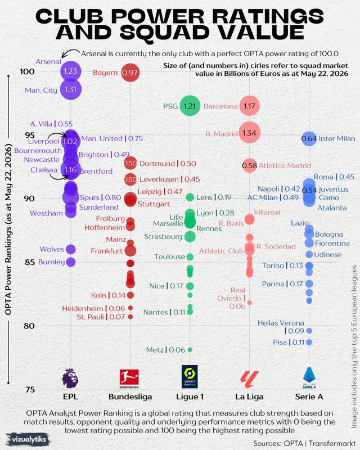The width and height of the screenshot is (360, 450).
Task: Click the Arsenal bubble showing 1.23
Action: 71,71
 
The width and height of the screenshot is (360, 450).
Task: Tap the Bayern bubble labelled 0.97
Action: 130,73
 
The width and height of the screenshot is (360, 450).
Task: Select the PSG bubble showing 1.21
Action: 190,106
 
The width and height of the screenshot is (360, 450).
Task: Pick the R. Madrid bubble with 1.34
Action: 250,133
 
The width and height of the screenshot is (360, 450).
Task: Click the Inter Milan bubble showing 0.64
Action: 309,138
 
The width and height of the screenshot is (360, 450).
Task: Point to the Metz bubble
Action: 190,350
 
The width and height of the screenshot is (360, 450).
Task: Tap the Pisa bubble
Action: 309,342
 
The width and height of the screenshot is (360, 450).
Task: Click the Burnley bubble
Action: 71,262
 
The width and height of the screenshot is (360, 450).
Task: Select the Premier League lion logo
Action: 70,378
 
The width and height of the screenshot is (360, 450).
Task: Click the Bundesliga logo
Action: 129,379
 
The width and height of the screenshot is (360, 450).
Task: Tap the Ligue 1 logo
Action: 190,376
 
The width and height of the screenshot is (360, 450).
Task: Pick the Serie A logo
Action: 309,377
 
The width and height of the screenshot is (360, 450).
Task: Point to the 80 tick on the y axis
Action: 29,326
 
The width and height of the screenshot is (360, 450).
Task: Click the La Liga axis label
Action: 249,397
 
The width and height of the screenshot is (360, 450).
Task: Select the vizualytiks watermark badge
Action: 28,439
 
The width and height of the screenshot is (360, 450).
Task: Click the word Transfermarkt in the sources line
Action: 332,443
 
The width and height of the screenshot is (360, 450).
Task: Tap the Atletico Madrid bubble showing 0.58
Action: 249,165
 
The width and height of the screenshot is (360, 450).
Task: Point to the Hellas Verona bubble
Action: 309,331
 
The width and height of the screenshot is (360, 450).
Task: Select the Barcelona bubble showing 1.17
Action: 250,106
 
